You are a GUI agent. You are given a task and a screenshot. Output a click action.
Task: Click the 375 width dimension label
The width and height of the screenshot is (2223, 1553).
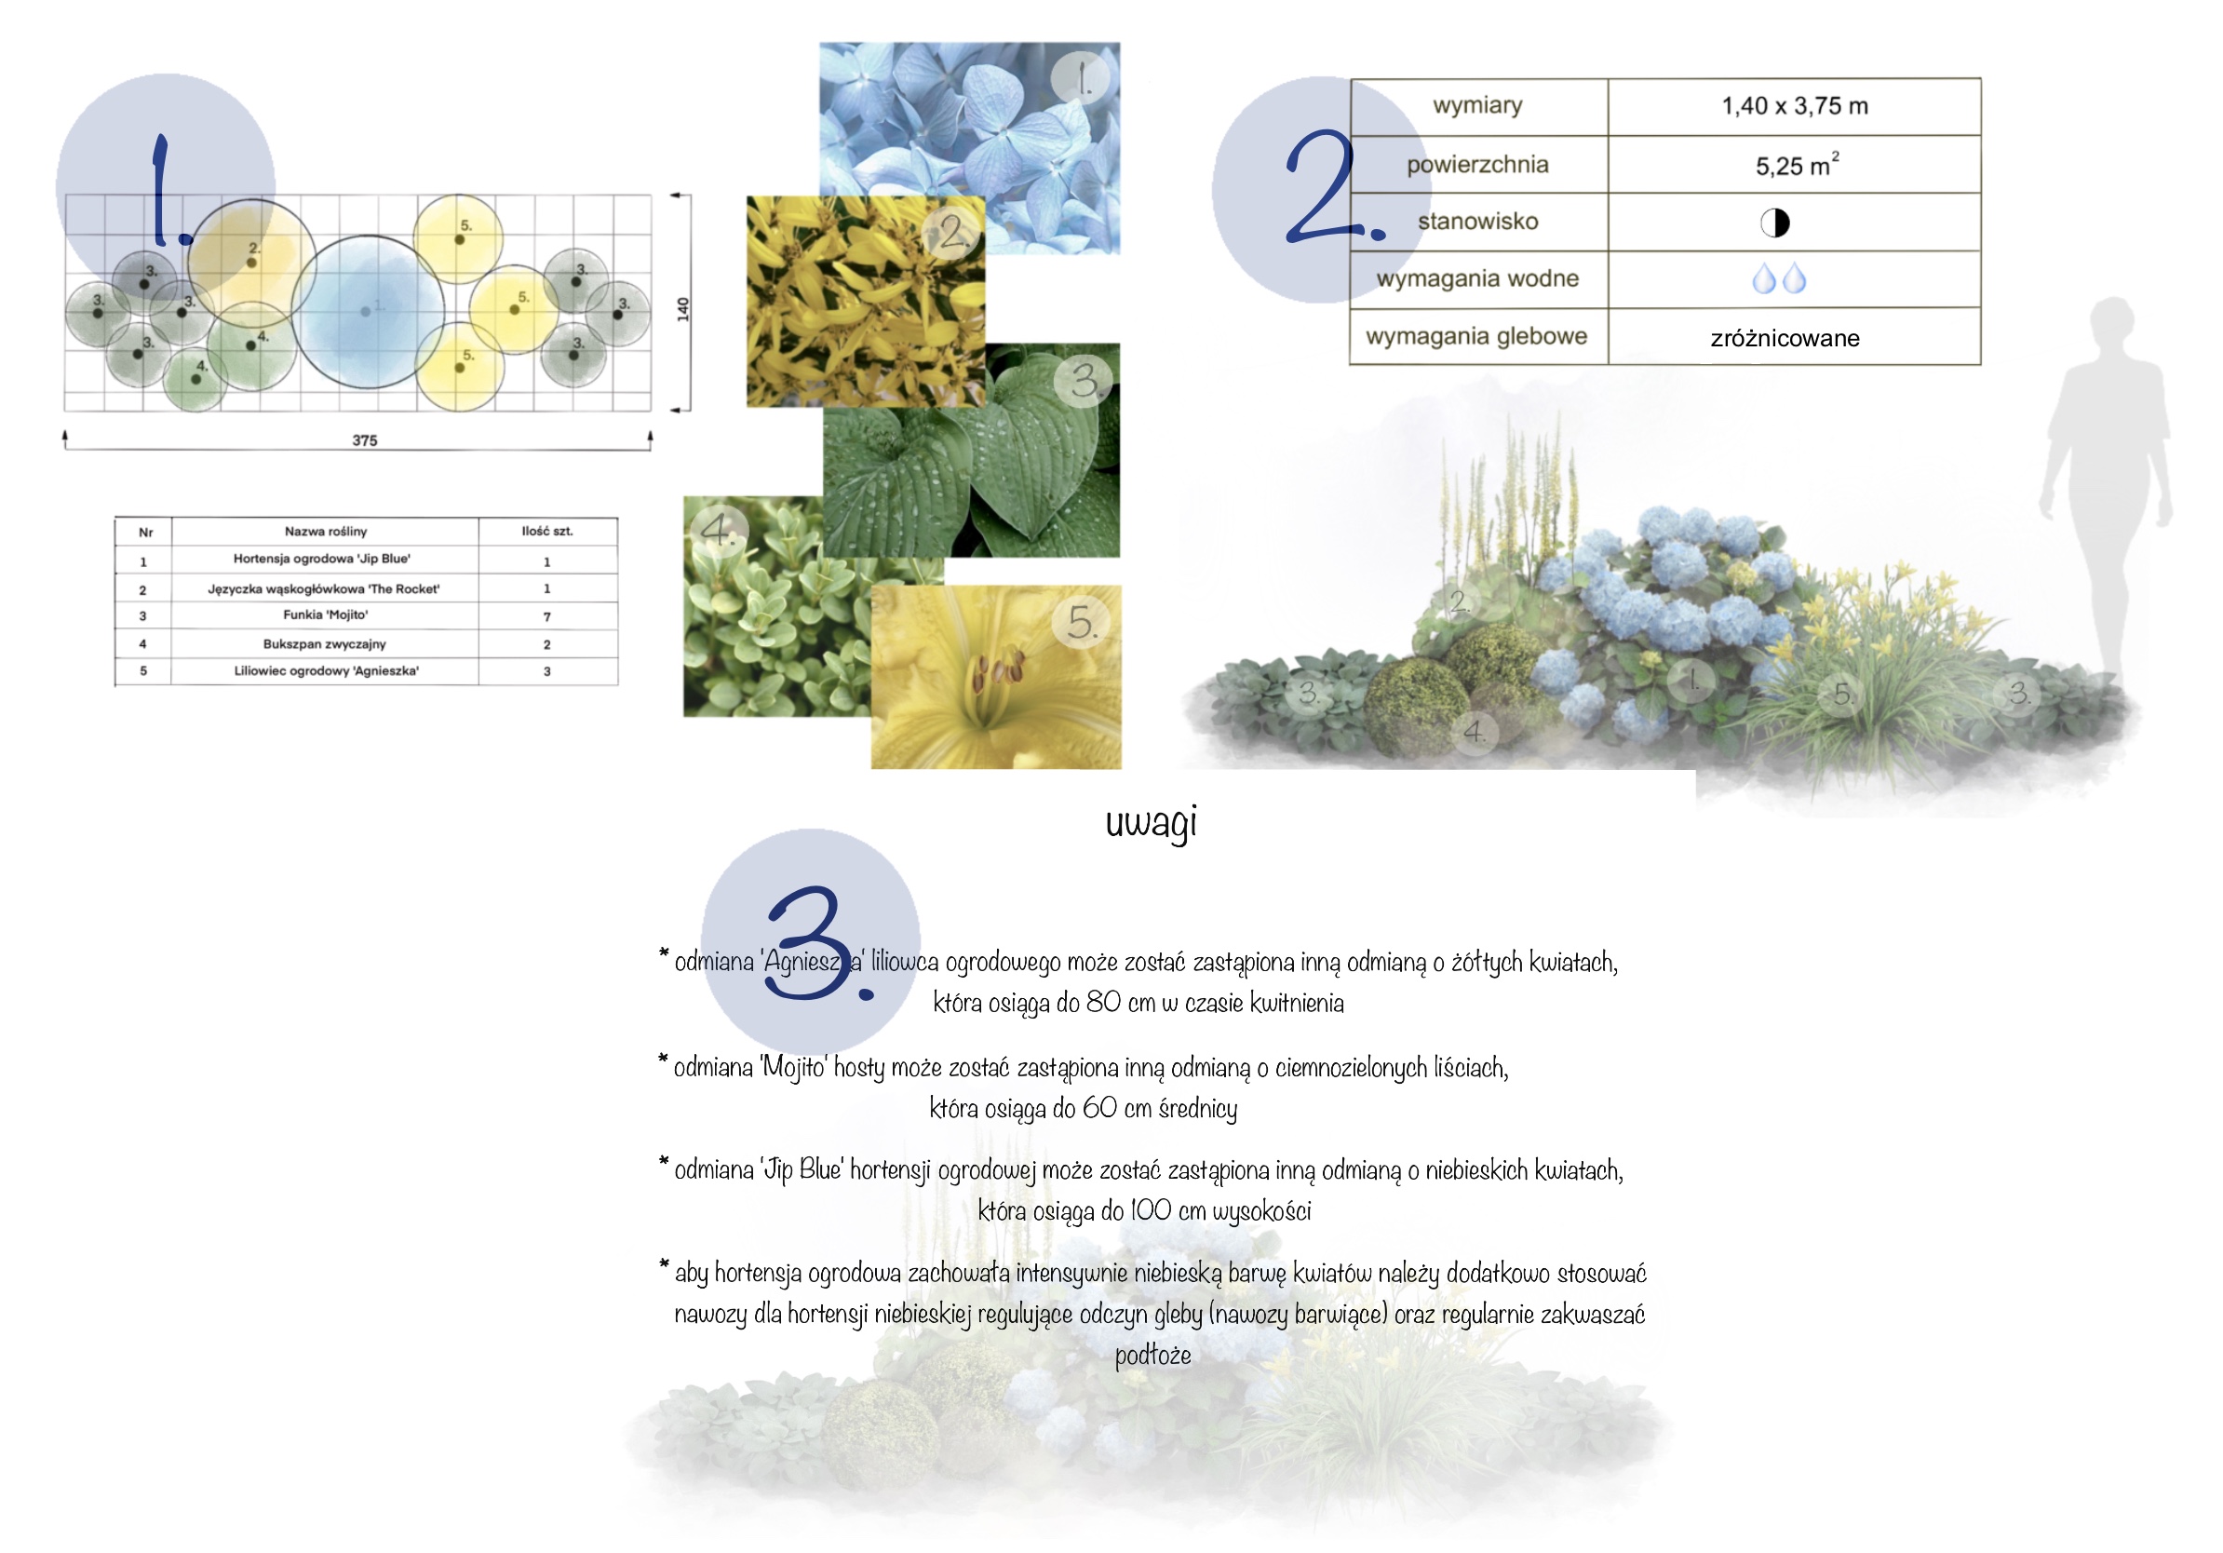(x=364, y=440)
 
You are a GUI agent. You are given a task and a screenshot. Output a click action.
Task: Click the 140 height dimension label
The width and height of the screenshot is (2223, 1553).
(x=682, y=310)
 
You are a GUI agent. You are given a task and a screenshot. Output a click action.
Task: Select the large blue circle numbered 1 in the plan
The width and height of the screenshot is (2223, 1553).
(x=368, y=312)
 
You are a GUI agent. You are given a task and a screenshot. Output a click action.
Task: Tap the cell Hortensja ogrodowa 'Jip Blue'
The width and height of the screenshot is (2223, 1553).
(x=321, y=559)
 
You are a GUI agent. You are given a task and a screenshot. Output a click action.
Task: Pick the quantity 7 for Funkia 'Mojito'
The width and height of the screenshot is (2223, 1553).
(x=547, y=616)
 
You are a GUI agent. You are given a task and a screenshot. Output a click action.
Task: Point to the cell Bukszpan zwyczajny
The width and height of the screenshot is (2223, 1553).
(x=324, y=644)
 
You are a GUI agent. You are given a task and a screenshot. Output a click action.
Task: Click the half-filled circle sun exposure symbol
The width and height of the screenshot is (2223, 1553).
(x=1774, y=223)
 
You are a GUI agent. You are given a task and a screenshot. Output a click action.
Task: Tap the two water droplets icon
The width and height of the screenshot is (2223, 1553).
(x=1780, y=278)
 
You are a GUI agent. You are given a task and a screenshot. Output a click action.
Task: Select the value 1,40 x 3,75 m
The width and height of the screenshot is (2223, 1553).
(x=1794, y=105)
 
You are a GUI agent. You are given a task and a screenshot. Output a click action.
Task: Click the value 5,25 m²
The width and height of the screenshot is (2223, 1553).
(x=1797, y=165)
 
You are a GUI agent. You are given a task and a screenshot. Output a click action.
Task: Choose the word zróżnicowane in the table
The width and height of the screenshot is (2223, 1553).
(x=1785, y=338)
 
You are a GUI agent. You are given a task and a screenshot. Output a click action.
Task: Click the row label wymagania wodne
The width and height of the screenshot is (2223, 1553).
(x=1477, y=278)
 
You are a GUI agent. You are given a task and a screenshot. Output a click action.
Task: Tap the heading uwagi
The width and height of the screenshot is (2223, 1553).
(x=1152, y=822)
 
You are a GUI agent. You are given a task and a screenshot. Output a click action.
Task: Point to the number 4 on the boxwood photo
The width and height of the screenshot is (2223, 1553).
(x=718, y=529)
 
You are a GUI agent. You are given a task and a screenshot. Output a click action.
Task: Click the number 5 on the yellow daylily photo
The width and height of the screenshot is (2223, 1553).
(x=1082, y=622)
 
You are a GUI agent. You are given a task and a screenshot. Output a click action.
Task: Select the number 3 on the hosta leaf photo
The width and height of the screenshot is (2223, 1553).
(x=1085, y=381)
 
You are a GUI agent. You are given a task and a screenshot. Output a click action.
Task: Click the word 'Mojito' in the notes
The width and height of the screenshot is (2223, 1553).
(x=795, y=1067)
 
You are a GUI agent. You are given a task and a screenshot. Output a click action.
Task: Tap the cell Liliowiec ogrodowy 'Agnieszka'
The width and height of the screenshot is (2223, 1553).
(x=327, y=671)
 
